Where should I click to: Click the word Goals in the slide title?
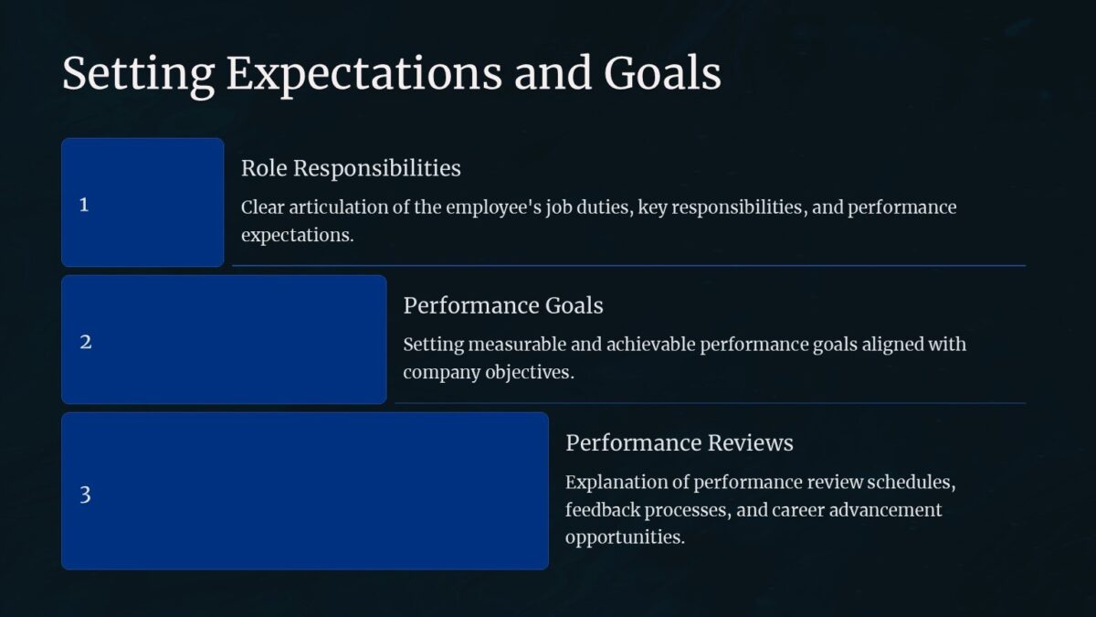click(x=662, y=75)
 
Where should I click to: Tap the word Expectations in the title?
click(x=364, y=75)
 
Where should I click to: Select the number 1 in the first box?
click(x=84, y=205)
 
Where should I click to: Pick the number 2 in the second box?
click(x=85, y=342)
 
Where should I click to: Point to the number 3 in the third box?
click(x=85, y=495)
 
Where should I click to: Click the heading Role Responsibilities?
click(x=351, y=168)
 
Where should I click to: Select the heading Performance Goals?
click(x=503, y=305)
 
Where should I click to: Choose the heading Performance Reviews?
click(x=679, y=442)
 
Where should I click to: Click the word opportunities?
click(x=624, y=537)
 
